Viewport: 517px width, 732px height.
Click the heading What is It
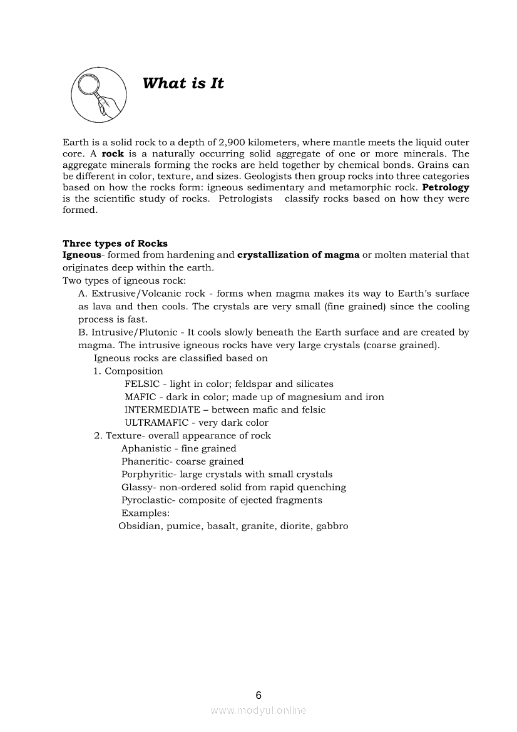(183, 83)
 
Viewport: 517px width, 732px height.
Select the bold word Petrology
(446, 187)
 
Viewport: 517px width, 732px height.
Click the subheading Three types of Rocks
(115, 244)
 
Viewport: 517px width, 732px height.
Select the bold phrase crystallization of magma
(299, 255)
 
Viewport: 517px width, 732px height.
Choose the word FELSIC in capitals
(142, 384)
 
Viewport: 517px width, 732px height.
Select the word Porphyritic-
(148, 475)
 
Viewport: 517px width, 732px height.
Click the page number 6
(258, 695)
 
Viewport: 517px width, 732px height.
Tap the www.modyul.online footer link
(258, 711)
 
